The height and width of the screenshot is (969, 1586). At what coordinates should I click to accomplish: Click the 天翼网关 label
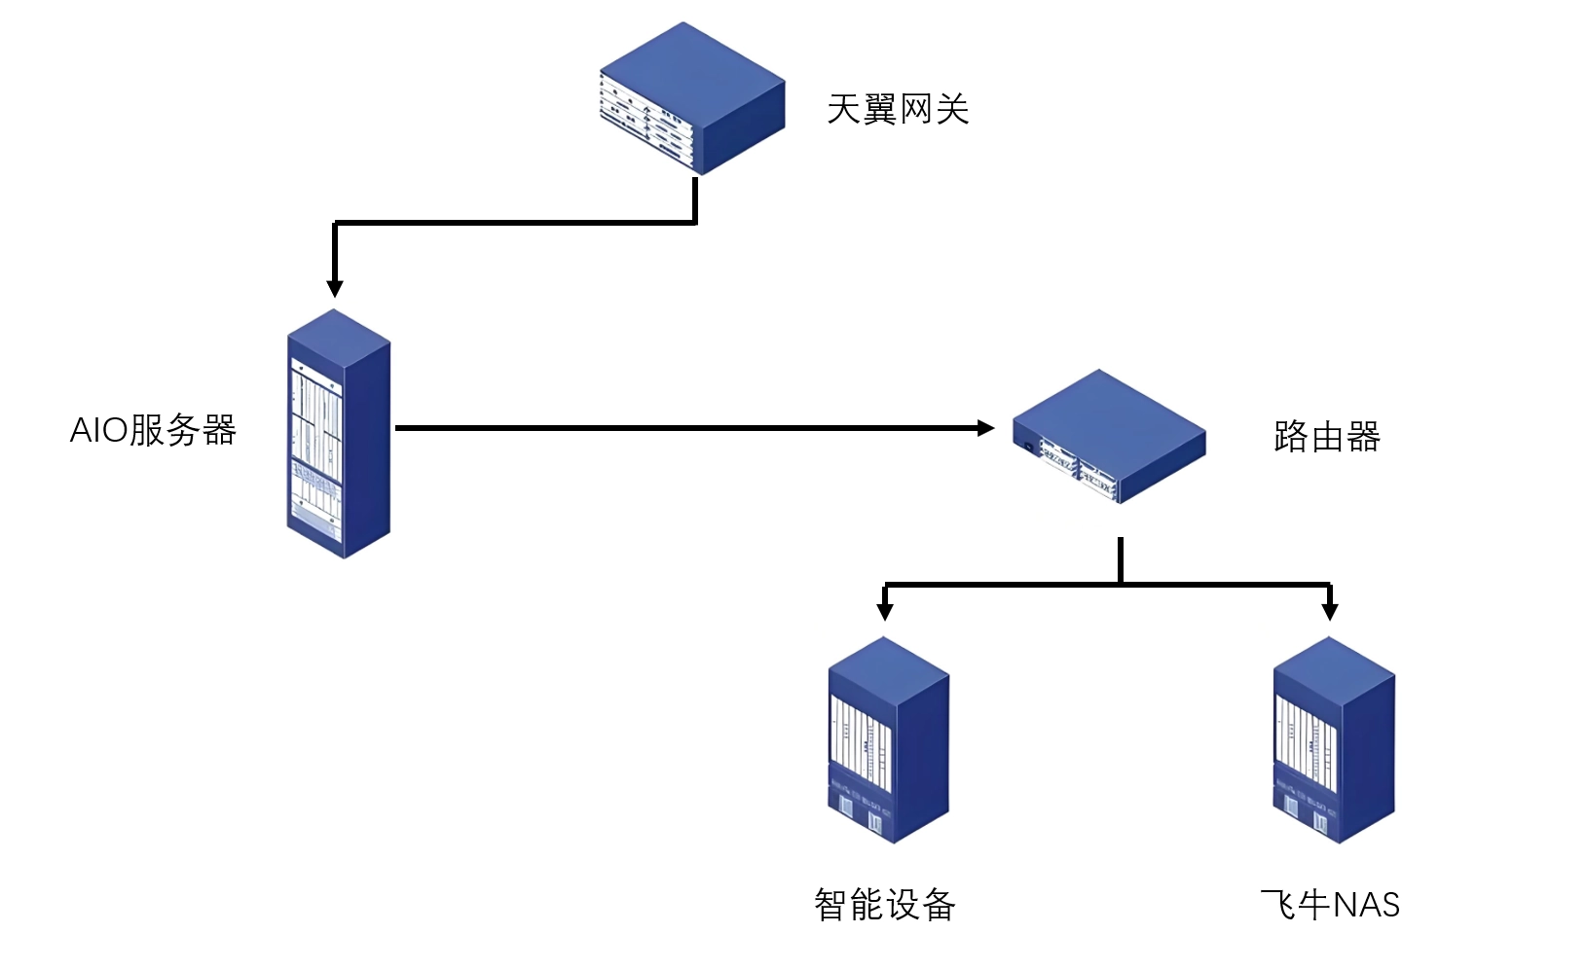coord(897,109)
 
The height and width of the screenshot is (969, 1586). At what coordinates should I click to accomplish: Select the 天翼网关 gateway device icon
coord(692,98)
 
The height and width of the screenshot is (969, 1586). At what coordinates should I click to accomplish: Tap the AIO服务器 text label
coord(154,430)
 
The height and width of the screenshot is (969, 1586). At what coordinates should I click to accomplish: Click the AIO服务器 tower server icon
coord(338,434)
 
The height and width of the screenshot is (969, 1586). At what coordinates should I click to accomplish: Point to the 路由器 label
coord(1326,437)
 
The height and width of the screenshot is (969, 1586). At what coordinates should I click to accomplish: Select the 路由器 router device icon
coord(1108,436)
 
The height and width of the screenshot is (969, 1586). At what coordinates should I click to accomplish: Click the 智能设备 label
coord(884,905)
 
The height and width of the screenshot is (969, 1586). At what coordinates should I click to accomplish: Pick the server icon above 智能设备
coord(888,739)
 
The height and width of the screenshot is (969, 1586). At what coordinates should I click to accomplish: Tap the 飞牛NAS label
coord(1329,905)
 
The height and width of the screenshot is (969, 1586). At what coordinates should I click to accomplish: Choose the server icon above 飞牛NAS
coord(1334,739)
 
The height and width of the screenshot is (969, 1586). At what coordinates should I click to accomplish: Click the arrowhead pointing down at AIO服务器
coord(335,288)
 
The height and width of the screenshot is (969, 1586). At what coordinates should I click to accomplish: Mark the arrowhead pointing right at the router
coord(985,428)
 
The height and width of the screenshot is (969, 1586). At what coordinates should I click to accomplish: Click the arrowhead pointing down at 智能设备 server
coord(884,611)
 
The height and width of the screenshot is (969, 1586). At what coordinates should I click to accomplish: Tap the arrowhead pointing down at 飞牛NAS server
coord(1330,611)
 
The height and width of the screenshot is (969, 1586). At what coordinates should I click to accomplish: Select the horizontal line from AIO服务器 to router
coord(682,428)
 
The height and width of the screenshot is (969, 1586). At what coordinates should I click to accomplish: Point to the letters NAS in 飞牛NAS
coord(1365,905)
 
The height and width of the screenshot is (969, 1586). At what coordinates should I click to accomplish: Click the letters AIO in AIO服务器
coord(98,430)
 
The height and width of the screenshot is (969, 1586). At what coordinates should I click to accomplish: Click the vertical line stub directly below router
coord(1121,559)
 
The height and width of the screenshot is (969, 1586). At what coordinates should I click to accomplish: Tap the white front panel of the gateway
coord(646,123)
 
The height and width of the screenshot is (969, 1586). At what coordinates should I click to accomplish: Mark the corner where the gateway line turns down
coord(335,225)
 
